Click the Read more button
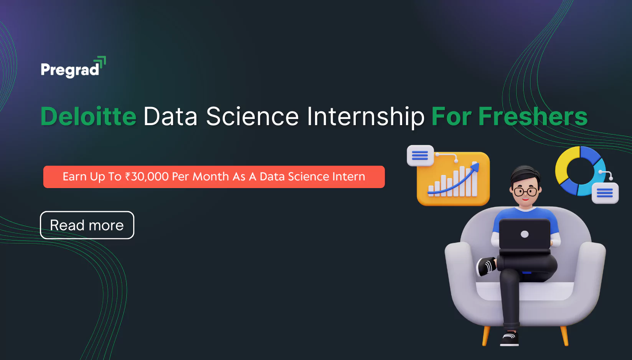(x=87, y=225)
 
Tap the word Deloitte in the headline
(x=88, y=116)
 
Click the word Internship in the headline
(x=366, y=117)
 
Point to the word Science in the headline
(x=252, y=116)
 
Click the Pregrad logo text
(x=70, y=70)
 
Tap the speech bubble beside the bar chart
(x=421, y=155)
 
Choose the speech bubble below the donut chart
(x=605, y=193)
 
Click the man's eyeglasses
(x=525, y=192)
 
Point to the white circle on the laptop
(x=525, y=234)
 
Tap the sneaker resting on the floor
(x=510, y=339)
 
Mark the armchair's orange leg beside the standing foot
(x=486, y=336)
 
